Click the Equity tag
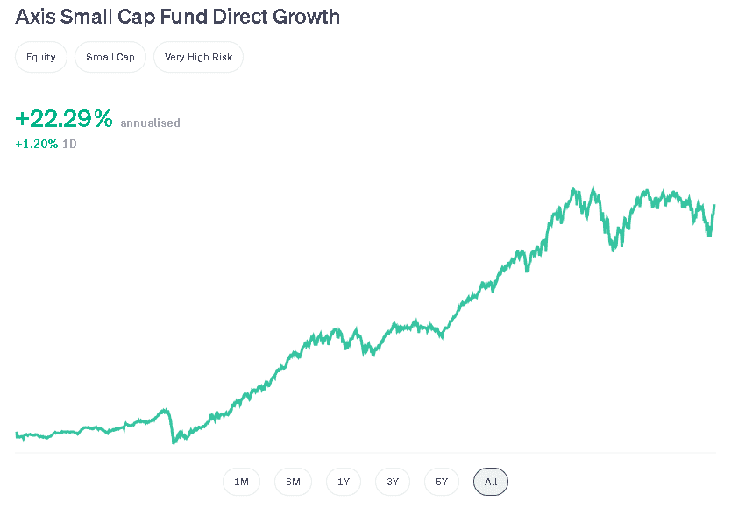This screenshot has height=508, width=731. point(41,57)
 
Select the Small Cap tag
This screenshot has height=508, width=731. point(110,57)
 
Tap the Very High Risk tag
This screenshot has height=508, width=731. point(198,57)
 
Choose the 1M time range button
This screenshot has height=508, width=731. point(241,482)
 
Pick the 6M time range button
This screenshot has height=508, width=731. point(293,482)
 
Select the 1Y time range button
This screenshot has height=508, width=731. point(344,482)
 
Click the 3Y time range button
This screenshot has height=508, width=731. point(393,482)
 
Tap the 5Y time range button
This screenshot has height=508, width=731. point(442,482)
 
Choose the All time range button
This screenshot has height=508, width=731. point(491,482)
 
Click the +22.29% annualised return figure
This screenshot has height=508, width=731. point(64,119)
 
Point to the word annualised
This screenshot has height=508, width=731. point(150,123)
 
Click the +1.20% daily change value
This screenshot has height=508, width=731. point(37,144)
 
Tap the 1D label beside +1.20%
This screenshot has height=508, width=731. point(69,144)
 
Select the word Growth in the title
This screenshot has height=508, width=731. point(307,17)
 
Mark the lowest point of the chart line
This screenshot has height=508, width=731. point(174,442)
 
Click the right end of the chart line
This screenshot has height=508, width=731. point(714,206)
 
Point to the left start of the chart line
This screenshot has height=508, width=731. point(17,434)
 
